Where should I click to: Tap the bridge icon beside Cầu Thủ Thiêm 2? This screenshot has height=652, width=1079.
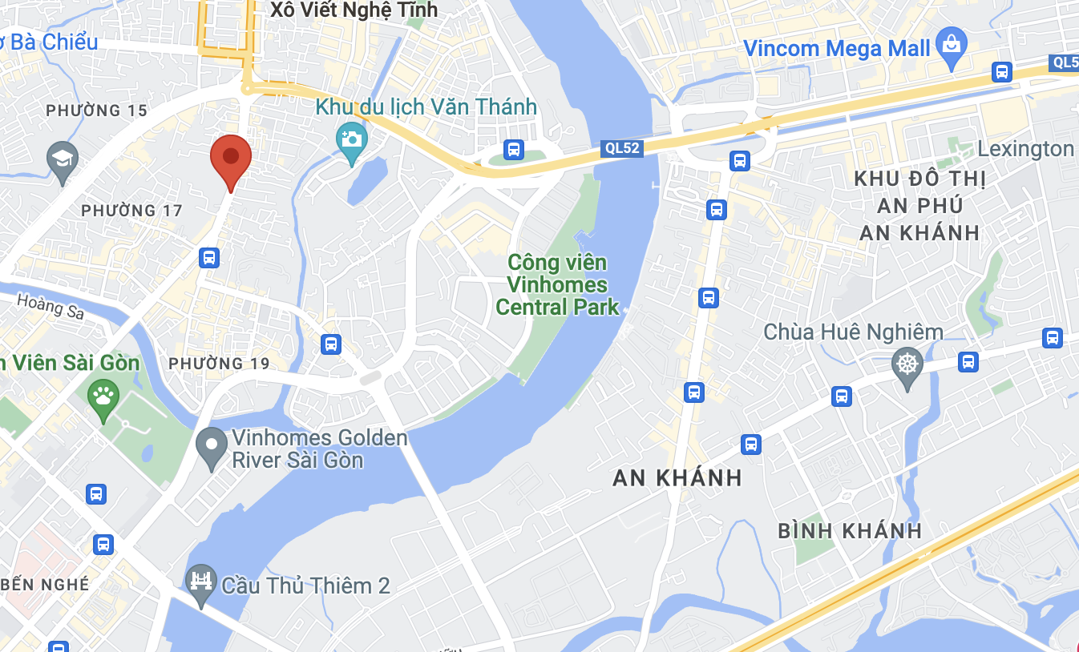(x=201, y=582)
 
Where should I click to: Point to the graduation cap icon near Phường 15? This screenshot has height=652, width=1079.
(x=63, y=159)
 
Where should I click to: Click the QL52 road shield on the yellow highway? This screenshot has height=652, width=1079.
(x=622, y=148)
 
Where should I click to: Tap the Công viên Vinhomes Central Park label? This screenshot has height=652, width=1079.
(x=558, y=284)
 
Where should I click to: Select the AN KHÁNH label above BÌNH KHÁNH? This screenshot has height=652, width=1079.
(x=677, y=478)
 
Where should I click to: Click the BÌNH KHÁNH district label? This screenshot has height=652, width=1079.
(x=850, y=530)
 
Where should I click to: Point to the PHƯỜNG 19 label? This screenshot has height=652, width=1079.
(x=219, y=363)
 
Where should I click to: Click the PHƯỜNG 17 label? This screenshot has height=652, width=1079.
(x=132, y=211)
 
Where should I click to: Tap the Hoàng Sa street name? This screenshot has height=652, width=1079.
(x=51, y=306)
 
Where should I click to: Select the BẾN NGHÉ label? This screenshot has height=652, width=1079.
(x=45, y=584)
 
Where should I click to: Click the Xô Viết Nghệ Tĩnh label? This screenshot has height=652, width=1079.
(x=354, y=10)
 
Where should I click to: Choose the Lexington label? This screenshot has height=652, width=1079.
(x=1025, y=149)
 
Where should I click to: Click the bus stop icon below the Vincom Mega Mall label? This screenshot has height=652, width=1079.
(x=1001, y=71)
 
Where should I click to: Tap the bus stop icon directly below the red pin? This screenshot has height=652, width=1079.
(x=209, y=257)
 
